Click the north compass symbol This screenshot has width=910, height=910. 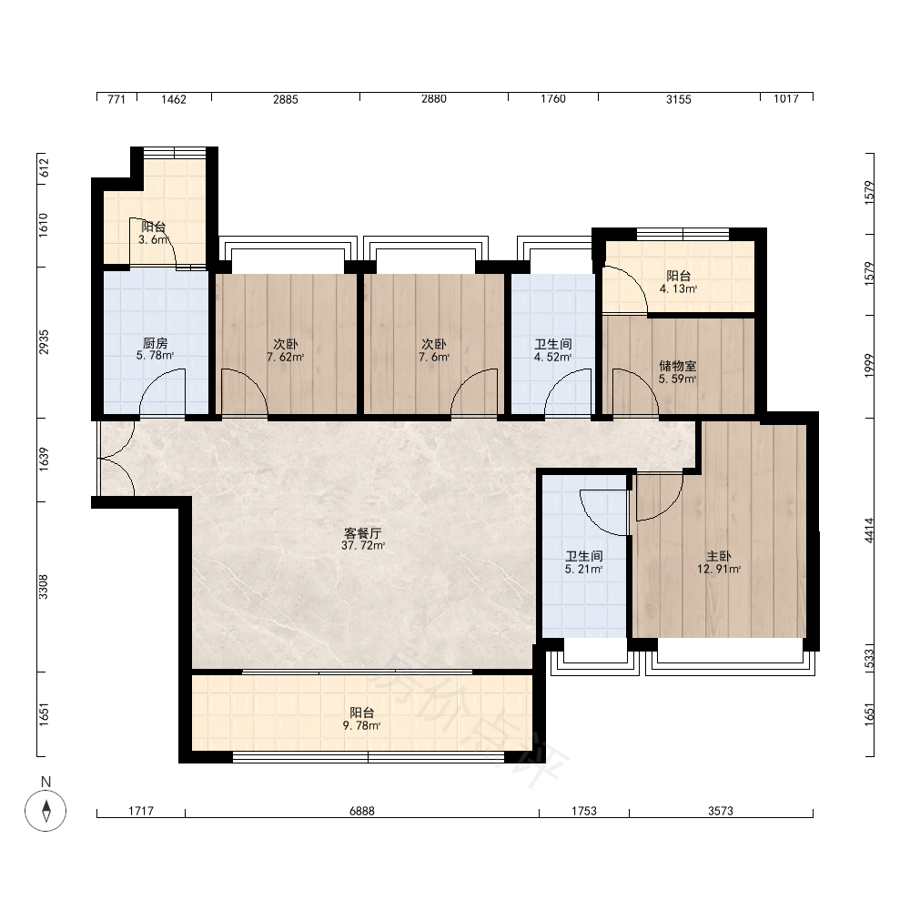pyautogui.click(x=45, y=810)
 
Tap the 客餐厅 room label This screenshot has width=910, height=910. pyautogui.click(x=363, y=532)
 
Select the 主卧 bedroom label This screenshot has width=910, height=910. pyautogui.click(x=719, y=556)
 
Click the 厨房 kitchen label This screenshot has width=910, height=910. pyautogui.click(x=155, y=344)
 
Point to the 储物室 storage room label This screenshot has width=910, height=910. pyautogui.click(x=678, y=366)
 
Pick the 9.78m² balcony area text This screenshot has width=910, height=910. pyautogui.click(x=361, y=725)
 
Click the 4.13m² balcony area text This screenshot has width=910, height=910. pyautogui.click(x=679, y=288)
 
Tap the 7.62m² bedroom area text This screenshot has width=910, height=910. pyautogui.click(x=286, y=357)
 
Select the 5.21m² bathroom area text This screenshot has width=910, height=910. pyautogui.click(x=584, y=570)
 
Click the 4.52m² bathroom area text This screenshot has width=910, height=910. pyautogui.click(x=553, y=357)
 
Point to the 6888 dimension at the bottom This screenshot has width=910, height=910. pyautogui.click(x=362, y=811)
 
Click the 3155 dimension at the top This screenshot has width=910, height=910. pyautogui.click(x=679, y=99)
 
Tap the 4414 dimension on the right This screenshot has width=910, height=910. pyautogui.click(x=869, y=531)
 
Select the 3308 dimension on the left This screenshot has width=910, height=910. pyautogui.click(x=44, y=587)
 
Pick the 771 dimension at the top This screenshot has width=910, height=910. pyautogui.click(x=116, y=99)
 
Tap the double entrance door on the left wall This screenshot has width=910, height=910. pyautogui.click(x=116, y=459)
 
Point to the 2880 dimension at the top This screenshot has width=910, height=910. pyautogui.click(x=434, y=98)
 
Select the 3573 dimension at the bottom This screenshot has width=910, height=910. pyautogui.click(x=721, y=811)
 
